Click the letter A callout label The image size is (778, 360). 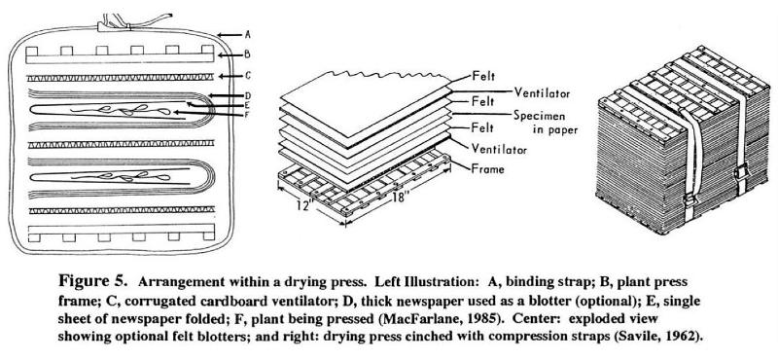tap(248, 35)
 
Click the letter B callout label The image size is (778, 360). tap(247, 54)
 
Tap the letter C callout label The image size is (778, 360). tap(248, 76)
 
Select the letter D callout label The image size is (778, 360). tap(248, 95)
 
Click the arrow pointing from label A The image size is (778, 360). tap(230, 35)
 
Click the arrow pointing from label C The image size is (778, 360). tap(230, 76)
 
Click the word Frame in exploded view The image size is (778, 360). tap(488, 169)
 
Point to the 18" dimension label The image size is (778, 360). tap(401, 198)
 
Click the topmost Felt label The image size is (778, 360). tap(483, 77)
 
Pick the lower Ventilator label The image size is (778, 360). tap(499, 148)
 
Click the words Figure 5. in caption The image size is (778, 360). tap(92, 281)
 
